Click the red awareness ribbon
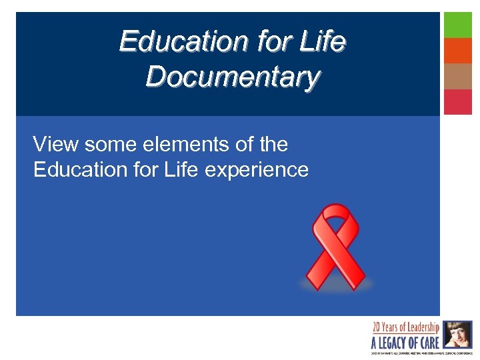point(335,246)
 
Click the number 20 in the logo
point(377,328)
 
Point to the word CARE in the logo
point(428,343)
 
